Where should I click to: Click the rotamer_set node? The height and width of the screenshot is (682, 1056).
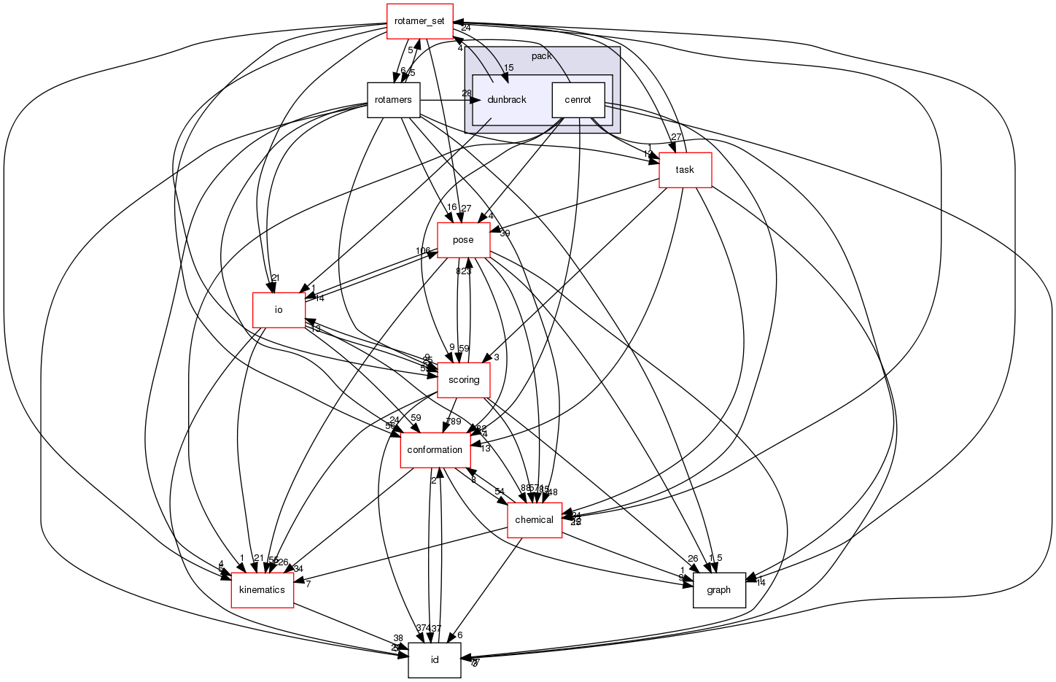[419, 21]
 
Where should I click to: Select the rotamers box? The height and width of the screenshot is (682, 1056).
[393, 100]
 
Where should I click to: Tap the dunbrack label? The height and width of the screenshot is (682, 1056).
[506, 100]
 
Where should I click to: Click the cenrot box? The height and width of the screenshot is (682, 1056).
[578, 100]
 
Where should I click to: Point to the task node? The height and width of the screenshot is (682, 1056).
[685, 170]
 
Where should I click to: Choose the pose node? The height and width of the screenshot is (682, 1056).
[463, 240]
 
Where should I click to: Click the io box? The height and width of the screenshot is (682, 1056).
[278, 310]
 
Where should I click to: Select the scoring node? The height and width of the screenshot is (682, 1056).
[463, 380]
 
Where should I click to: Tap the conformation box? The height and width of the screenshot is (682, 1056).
[435, 450]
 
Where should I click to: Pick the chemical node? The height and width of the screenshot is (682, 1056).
[534, 520]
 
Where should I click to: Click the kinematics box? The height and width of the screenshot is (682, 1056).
[262, 590]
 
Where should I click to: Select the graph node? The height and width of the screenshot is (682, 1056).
[718, 590]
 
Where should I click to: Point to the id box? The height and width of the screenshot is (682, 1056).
[435, 660]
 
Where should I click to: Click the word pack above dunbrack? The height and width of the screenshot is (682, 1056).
[541, 56]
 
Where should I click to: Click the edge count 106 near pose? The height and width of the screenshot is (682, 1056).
[423, 251]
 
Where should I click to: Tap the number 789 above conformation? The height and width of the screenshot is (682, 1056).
[454, 422]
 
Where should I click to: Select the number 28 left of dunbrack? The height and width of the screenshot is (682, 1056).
[467, 93]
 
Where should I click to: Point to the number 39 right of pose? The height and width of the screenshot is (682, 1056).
[505, 233]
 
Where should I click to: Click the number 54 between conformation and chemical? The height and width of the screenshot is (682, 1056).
[500, 491]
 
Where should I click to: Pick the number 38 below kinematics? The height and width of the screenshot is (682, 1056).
[398, 638]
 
